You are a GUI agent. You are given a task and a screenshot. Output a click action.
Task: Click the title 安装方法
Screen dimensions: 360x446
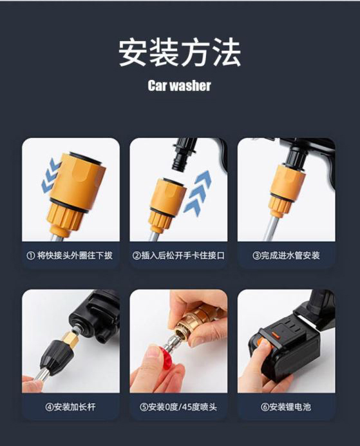[x=180, y=52]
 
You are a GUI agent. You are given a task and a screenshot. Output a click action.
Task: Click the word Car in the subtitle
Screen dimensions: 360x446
[x=157, y=85]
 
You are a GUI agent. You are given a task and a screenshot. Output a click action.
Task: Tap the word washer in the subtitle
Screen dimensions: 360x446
[x=191, y=85]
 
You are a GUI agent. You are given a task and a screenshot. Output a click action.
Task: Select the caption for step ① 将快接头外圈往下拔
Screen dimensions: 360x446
[x=70, y=255]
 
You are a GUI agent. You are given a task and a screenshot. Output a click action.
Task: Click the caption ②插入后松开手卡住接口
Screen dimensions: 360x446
[x=178, y=255]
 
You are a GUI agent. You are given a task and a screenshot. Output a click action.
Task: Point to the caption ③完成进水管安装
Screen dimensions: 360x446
[x=286, y=255]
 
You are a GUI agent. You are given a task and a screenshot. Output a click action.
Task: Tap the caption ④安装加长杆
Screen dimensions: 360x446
[x=70, y=407]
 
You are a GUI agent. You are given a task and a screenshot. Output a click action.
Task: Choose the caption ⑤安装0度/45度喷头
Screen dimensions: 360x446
[x=178, y=407]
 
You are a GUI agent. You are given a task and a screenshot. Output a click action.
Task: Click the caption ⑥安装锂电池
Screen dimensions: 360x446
[x=286, y=407]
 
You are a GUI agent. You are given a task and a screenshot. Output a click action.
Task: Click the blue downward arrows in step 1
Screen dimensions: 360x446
[x=51, y=175]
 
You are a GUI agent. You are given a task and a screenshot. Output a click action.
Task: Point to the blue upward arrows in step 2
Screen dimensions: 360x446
[x=198, y=191]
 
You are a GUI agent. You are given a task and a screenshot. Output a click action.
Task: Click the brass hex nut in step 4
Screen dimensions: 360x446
[x=68, y=338]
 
